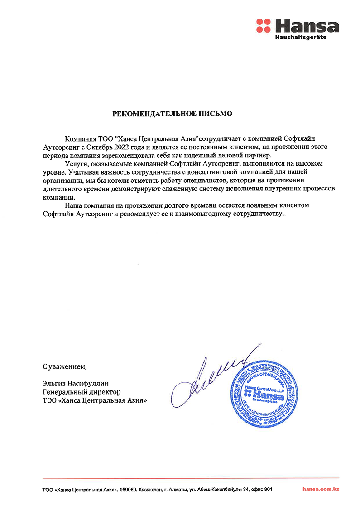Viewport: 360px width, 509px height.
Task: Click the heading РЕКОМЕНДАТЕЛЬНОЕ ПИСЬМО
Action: [173, 114]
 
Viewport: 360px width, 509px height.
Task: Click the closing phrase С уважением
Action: [64, 366]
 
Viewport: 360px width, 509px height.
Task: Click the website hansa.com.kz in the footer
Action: [321, 489]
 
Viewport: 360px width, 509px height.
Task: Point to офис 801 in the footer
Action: [263, 490]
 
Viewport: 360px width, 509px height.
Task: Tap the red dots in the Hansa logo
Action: [263, 26]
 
